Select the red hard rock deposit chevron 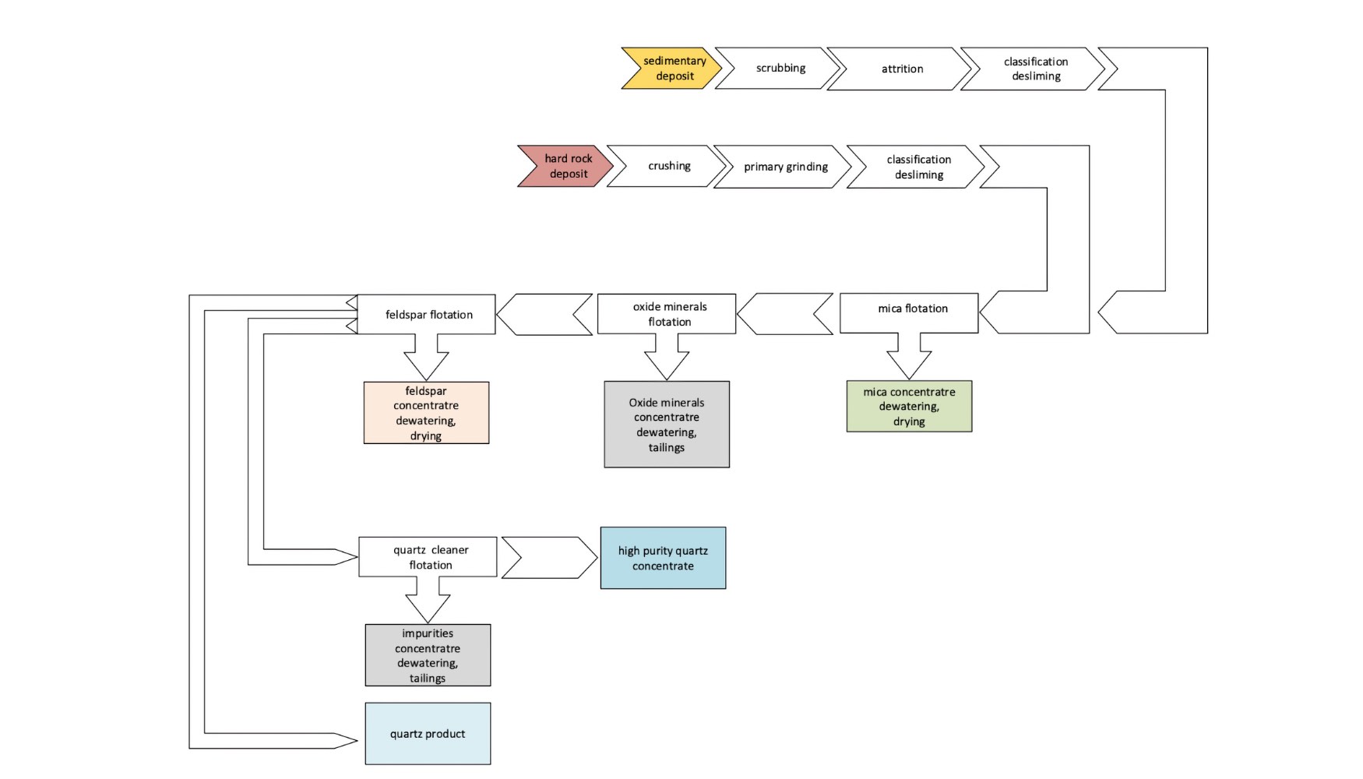568,166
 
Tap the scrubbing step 780,69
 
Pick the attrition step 901,69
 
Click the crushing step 669,166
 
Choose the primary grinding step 785,167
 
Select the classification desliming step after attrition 1035,69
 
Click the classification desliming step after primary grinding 918,167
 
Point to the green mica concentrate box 909,407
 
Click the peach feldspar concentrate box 426,413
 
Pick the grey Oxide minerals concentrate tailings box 667,425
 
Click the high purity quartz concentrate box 663,558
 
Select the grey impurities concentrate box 428,655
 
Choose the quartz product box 428,734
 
